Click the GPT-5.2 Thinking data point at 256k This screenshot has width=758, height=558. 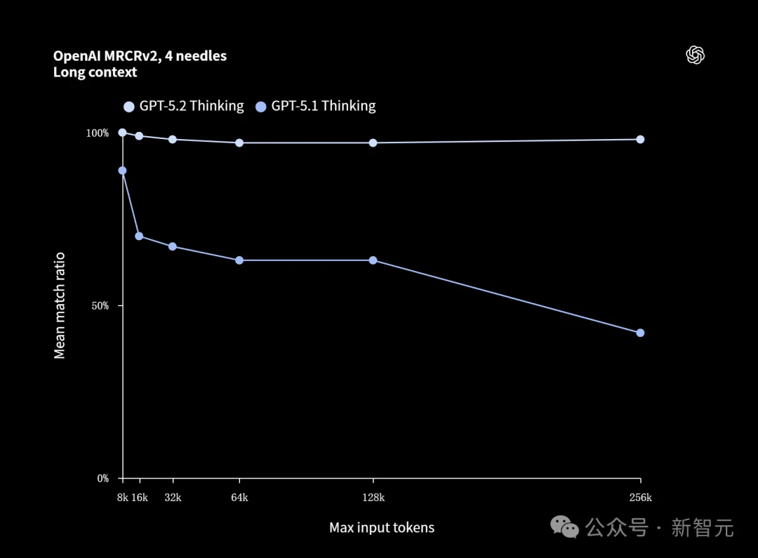pos(640,139)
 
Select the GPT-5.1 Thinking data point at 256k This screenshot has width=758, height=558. pos(640,333)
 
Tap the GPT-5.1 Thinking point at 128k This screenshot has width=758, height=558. pos(373,260)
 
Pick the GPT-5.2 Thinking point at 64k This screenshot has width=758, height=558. pos(239,142)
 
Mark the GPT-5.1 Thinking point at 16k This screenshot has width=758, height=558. pos(139,236)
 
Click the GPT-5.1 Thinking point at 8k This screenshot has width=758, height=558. pos(123,171)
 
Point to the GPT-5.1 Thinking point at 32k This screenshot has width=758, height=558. pos(173,246)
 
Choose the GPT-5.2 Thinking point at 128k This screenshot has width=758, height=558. pos(373,142)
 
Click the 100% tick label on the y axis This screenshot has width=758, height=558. pos(98,133)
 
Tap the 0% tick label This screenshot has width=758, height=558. pos(102,479)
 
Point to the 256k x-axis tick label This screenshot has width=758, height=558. pos(640,498)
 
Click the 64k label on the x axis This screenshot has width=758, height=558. pos(239,498)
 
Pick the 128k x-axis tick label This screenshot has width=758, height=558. pos(373,498)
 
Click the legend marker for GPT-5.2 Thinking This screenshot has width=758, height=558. pos(128,107)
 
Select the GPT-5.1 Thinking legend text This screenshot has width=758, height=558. pos(324,106)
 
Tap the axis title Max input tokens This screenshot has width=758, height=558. pos(382,528)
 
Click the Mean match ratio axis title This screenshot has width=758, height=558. pos(60,305)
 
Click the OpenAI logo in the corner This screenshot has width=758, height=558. pos(695,55)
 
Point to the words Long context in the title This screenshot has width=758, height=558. pos(95,72)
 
